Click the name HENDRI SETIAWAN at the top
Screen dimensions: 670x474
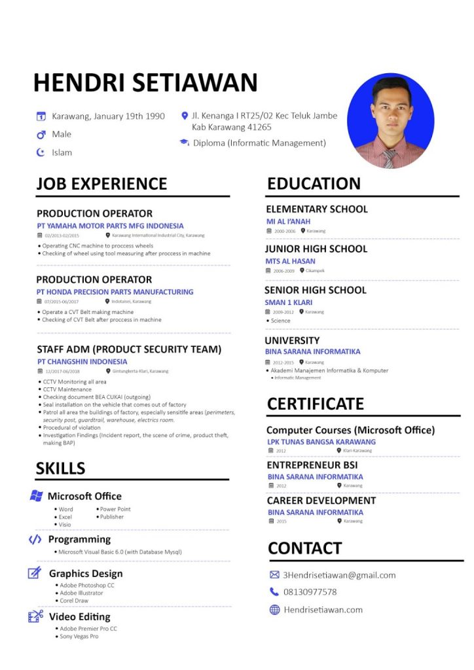click(145, 83)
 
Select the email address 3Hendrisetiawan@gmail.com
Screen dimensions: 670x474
click(339, 575)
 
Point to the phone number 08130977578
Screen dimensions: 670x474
click(310, 592)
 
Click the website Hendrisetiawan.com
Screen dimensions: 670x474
click(323, 610)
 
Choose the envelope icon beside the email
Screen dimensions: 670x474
click(274, 575)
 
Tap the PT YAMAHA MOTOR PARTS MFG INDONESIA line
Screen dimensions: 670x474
click(110, 226)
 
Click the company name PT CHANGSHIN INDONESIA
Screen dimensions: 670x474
click(82, 361)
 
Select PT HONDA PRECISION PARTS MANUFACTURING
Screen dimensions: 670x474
click(115, 292)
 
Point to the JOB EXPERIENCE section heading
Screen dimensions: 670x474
click(101, 184)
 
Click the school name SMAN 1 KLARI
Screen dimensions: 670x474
click(288, 302)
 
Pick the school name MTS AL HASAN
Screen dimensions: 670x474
click(290, 261)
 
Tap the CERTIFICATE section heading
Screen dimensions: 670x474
click(315, 404)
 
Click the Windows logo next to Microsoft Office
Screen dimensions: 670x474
click(36, 496)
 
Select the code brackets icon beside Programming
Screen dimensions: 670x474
click(35, 539)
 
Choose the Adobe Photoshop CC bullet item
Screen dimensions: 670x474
click(86, 585)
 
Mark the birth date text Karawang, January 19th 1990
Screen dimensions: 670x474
click(108, 116)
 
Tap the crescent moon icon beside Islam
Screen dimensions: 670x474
click(40, 152)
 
